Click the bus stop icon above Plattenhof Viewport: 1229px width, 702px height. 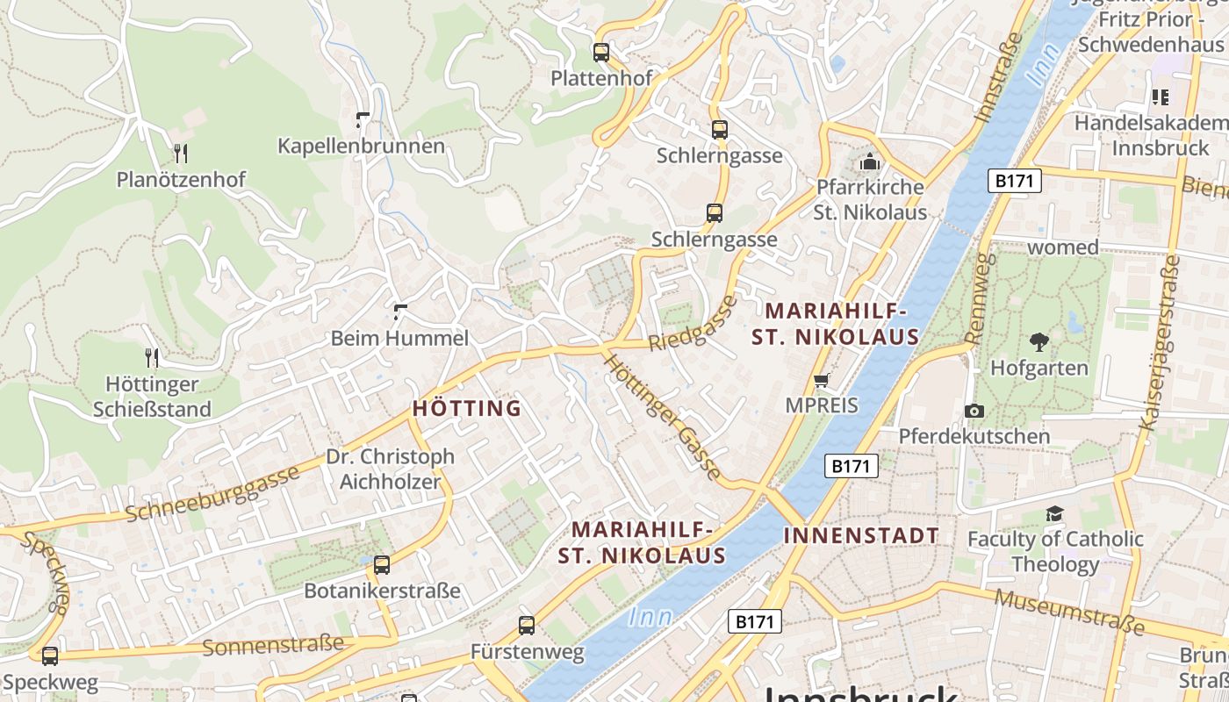600,53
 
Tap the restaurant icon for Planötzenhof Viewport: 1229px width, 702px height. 181,154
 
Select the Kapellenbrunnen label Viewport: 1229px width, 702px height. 361,146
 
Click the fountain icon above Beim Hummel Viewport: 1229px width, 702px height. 400,312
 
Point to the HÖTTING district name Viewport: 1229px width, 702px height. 467,408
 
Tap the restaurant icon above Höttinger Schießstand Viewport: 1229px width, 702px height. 152,357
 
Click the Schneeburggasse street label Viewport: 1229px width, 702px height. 212,494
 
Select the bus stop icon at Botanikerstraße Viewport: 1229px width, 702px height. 382,565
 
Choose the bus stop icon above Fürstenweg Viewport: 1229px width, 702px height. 527,626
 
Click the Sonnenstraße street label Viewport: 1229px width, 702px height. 273,646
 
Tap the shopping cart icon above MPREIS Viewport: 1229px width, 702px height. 822,380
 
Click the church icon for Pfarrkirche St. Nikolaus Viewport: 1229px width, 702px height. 870,161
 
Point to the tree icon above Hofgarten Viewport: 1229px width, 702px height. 1039,341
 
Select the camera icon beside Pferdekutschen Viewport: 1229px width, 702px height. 974,411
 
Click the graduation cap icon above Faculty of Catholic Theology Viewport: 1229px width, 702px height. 1054,513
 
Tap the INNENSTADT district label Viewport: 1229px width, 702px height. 860,535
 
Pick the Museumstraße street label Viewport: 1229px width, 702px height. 1069,612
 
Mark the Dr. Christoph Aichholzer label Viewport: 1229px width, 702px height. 390,469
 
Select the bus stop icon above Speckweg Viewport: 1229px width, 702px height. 50,655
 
